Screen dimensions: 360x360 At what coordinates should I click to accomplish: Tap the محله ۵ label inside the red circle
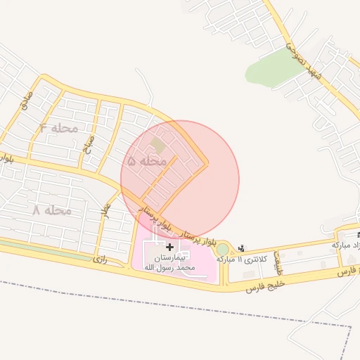tap(147, 161)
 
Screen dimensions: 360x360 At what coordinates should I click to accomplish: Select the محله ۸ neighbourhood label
tap(52, 210)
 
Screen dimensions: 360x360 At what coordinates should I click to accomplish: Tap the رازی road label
tap(101, 259)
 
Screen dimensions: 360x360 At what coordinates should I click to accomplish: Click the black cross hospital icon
tap(169, 247)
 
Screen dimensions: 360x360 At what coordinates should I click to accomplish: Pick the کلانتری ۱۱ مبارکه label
tap(243, 259)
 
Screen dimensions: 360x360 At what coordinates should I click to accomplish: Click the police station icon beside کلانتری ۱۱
tap(242, 247)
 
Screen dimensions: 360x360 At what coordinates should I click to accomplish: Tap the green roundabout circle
tap(222, 249)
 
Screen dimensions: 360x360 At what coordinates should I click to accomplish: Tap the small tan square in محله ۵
tap(155, 146)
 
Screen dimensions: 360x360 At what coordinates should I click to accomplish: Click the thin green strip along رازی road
tap(42, 247)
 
